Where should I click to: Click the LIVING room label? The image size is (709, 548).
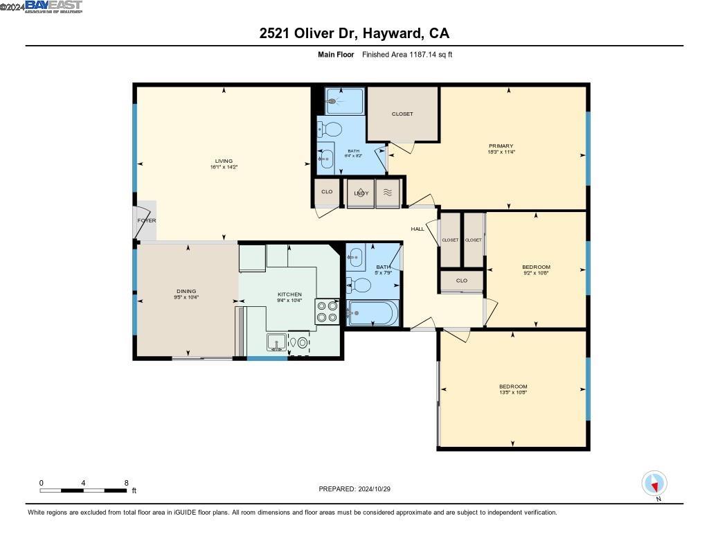tap(224, 161)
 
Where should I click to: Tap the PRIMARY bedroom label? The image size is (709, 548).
tap(501, 145)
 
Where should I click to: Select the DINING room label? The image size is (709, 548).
tap(186, 291)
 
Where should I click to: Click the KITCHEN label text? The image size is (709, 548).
tap(289, 294)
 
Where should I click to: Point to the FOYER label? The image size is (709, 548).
tap(146, 220)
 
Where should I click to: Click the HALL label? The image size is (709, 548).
tap(418, 229)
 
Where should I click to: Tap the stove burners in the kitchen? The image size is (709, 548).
tap(327, 311)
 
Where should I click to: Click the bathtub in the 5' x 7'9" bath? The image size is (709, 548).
tap(373, 313)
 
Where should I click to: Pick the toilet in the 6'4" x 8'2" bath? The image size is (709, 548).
tap(332, 130)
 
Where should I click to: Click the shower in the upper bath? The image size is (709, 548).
tap(344, 101)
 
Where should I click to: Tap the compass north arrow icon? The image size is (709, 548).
tap(654, 483)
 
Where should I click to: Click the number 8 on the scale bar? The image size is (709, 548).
tap(126, 482)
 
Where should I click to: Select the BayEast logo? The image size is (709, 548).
tap(54, 7)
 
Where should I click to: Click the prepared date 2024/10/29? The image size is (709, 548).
tap(379, 488)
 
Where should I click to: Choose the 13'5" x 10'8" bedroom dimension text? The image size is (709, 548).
tap(513, 393)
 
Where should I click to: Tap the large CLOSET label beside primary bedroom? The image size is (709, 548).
tap(402, 114)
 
